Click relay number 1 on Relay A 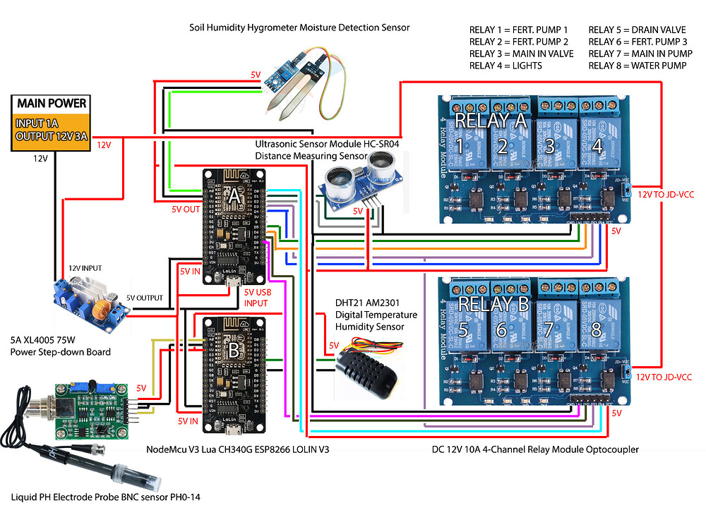tap(460, 147)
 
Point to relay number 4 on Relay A tap(597, 147)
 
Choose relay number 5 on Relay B tap(463, 330)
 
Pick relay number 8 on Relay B tap(597, 330)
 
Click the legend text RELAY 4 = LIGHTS tap(505, 66)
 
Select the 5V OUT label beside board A tap(186, 209)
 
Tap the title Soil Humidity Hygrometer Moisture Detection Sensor tap(299, 28)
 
